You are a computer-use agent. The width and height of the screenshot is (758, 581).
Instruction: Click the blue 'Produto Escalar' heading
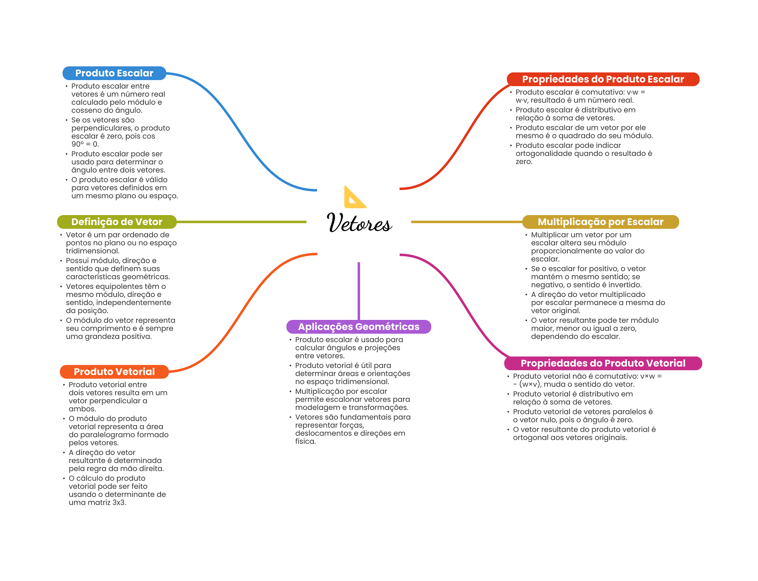[114, 73]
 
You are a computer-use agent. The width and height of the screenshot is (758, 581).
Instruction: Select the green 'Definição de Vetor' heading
[117, 222]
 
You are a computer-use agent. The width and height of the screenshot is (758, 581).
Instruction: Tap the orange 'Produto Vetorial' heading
[114, 372]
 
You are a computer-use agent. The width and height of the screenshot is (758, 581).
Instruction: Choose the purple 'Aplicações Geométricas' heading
[359, 327]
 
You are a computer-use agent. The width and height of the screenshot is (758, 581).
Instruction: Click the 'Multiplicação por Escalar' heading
[600, 222]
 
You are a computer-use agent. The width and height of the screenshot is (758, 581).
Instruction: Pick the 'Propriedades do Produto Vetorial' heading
[603, 363]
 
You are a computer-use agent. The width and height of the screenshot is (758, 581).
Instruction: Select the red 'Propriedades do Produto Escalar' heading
[603, 79]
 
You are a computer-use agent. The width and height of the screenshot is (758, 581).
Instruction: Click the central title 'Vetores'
[359, 223]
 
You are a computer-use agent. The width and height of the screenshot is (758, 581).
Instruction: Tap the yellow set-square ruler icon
[355, 197]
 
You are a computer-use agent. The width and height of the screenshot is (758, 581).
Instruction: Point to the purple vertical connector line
[359, 291]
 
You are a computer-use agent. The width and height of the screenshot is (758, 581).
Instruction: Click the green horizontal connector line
[241, 222]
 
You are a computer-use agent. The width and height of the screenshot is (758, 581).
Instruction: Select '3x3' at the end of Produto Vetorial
[119, 502]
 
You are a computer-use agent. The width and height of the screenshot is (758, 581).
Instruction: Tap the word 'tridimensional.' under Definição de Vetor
[93, 251]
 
